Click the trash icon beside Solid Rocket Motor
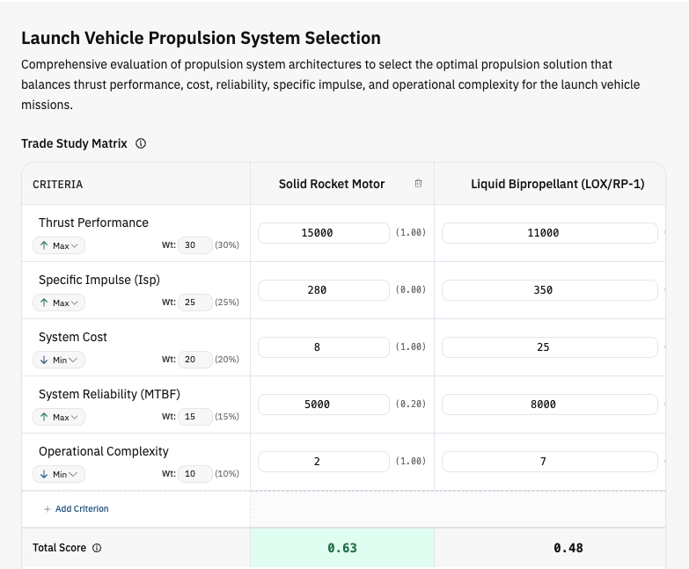pyautogui.click(x=418, y=184)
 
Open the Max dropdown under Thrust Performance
pyautogui.click(x=59, y=245)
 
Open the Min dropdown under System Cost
pyautogui.click(x=59, y=360)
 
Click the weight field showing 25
pyautogui.click(x=195, y=302)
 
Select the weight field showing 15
pyautogui.click(x=195, y=416)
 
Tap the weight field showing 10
pyautogui.click(x=195, y=473)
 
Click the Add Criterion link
pyautogui.click(x=76, y=509)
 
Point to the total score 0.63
pyautogui.click(x=342, y=548)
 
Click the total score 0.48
pyautogui.click(x=568, y=548)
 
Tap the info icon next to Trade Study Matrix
pyautogui.click(x=141, y=143)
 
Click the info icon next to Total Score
pyautogui.click(x=97, y=548)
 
